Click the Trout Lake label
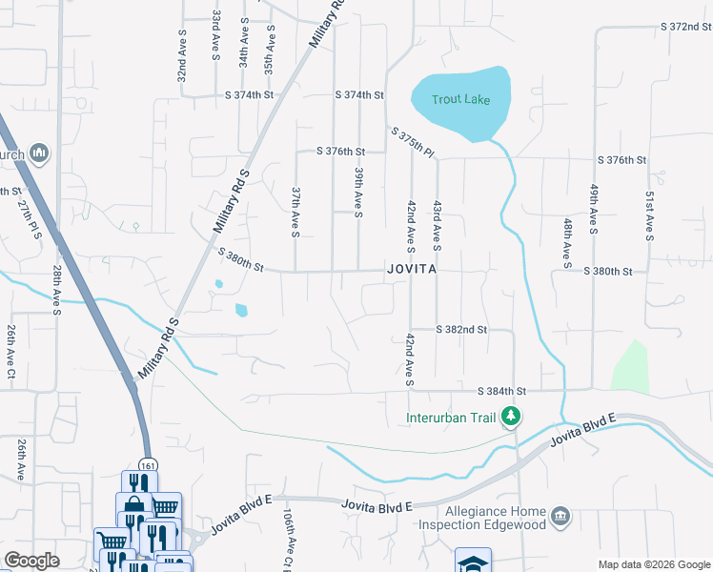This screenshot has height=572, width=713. pos(459,99)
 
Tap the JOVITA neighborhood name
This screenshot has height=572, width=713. pos(412,270)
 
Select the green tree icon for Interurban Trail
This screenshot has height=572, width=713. pos(511,417)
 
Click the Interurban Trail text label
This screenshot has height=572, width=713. pos(452,417)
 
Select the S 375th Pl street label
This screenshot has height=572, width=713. pos(412,142)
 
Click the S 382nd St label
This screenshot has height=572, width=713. pos(461,329)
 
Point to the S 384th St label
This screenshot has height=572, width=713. pos(501,391)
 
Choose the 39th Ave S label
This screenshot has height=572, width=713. pos(358,194)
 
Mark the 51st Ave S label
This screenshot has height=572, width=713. pos(649,214)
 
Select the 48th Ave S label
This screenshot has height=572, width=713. pos(567,241)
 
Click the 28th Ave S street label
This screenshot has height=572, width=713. pos(56,291)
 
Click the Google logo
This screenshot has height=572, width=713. pos(31,561)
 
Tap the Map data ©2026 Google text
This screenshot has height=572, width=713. pos(653,564)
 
